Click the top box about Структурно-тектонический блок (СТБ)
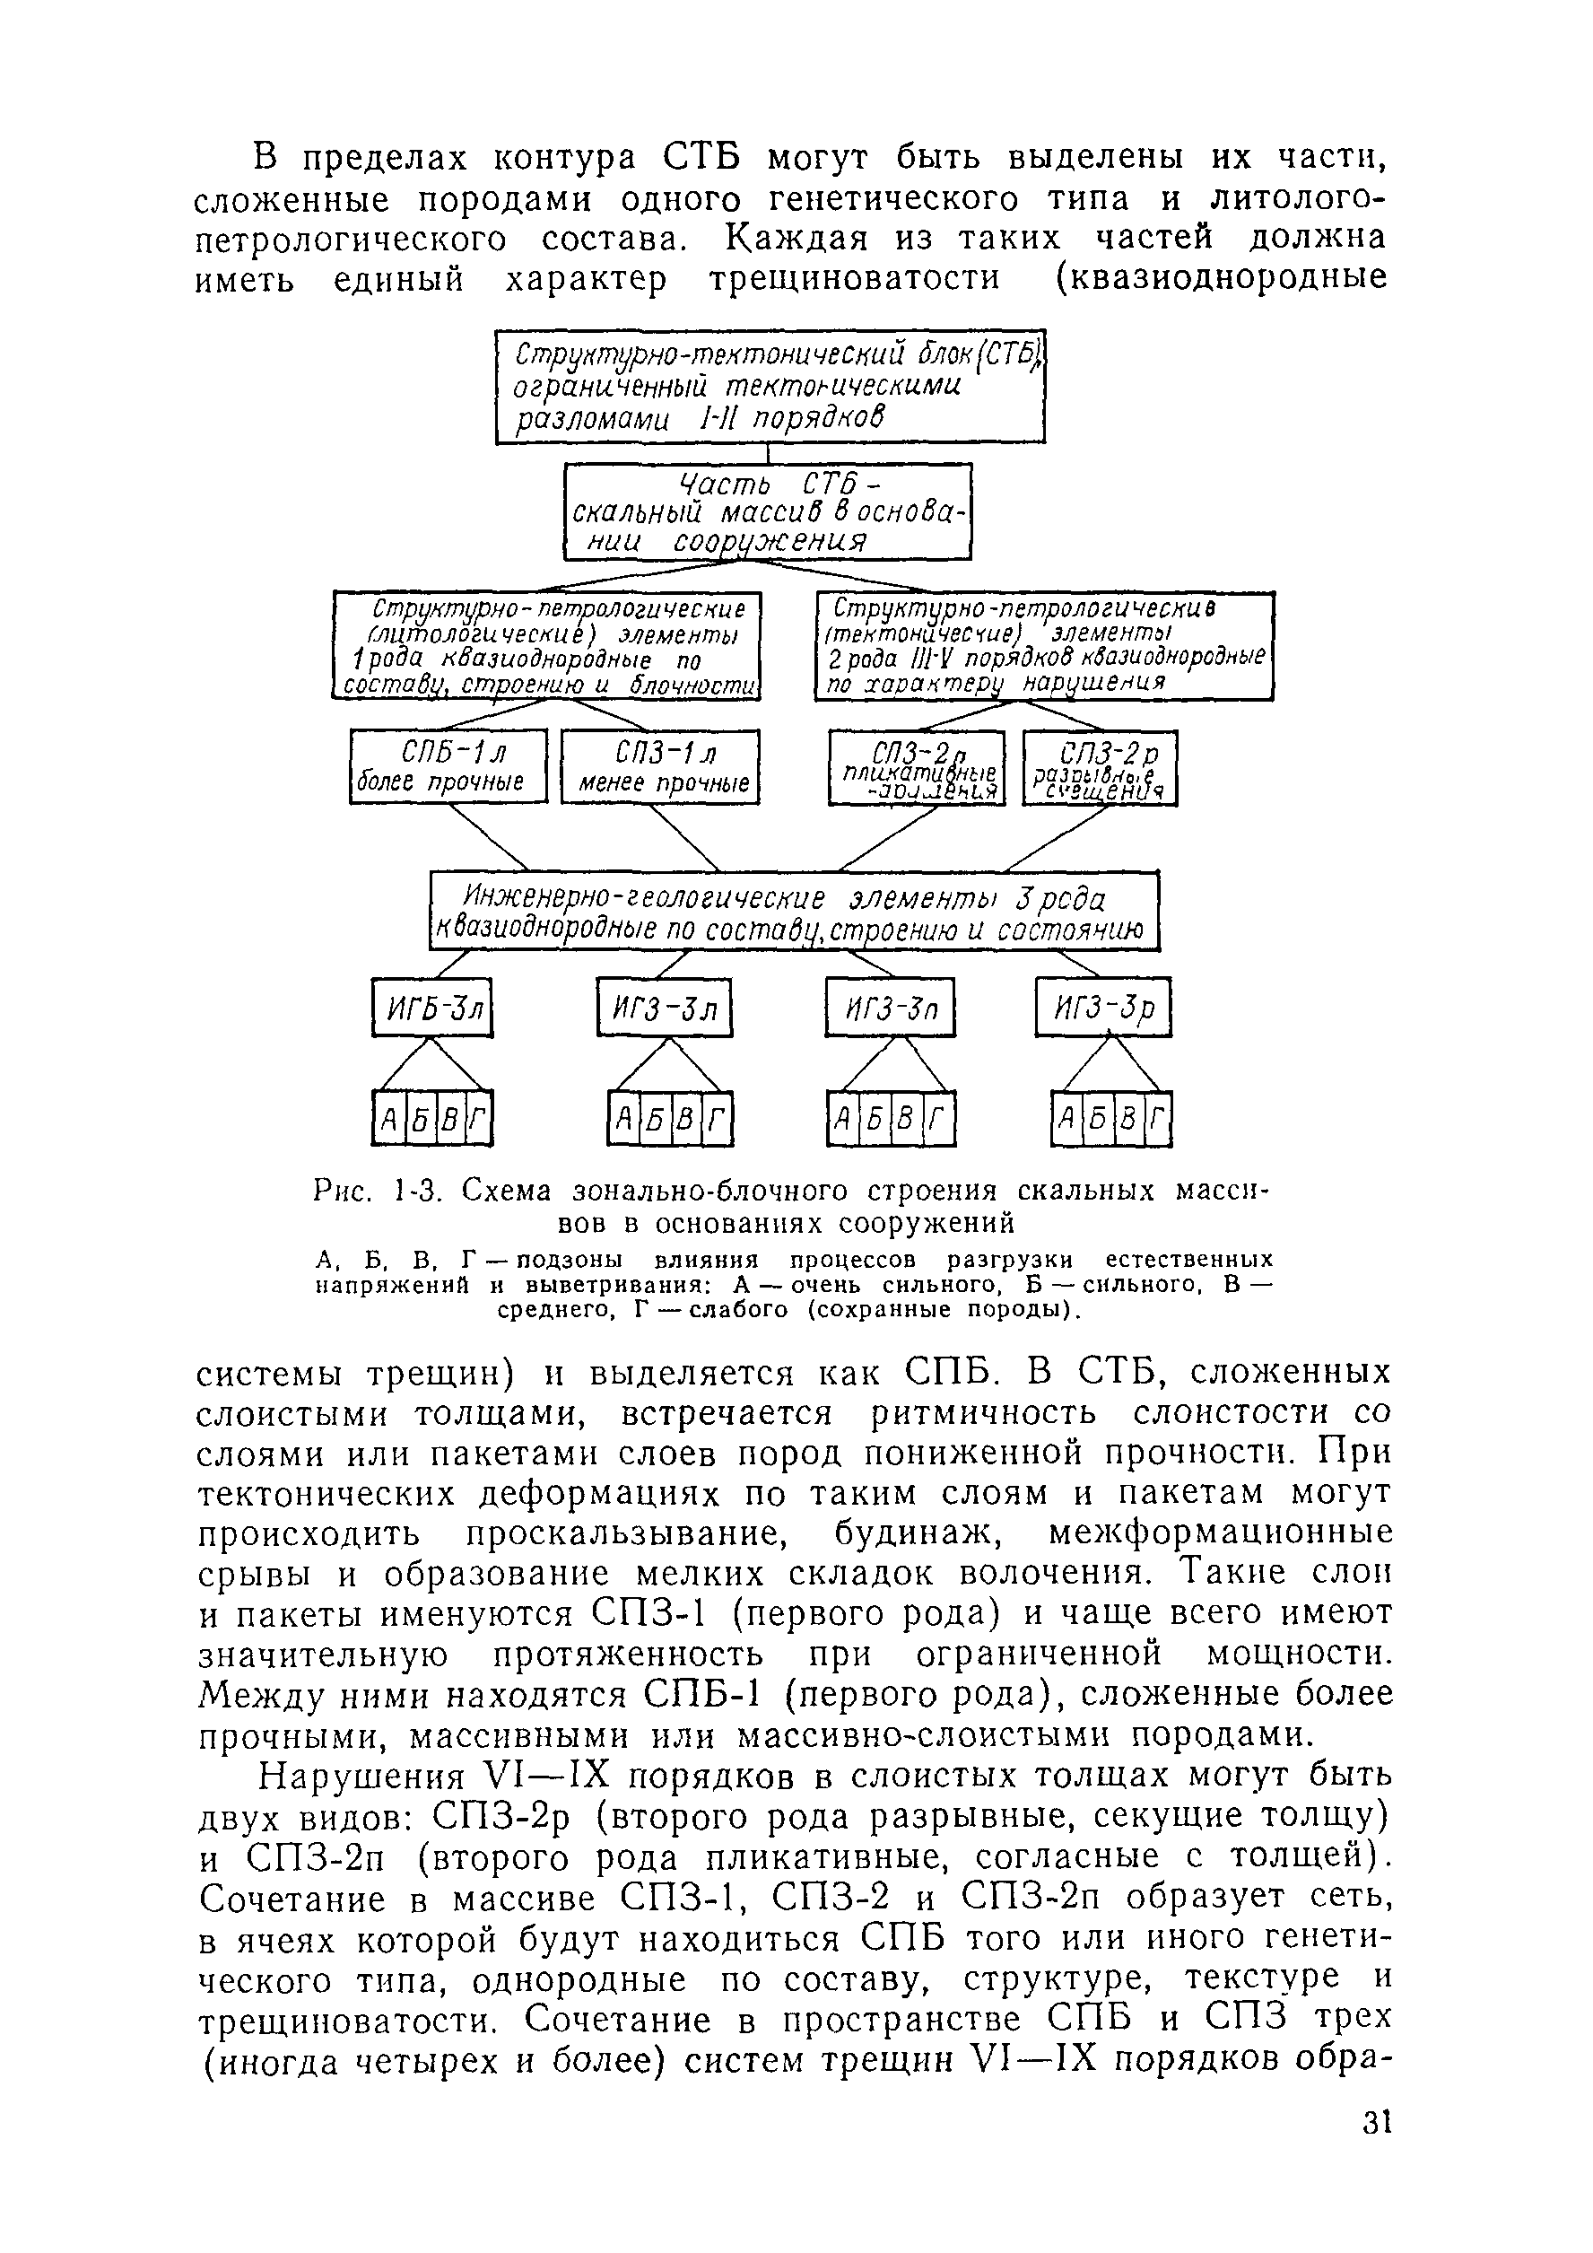click(769, 387)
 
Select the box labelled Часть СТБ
click(767, 512)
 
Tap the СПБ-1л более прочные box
click(448, 767)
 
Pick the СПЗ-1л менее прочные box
click(660, 767)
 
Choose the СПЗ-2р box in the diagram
click(1100, 768)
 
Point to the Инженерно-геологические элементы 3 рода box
click(795, 912)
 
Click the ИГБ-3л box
click(431, 1008)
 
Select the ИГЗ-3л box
click(664, 1008)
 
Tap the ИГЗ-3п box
click(890, 1008)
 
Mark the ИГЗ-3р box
click(1103, 1008)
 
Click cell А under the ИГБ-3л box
click(388, 1119)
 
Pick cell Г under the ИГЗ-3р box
click(1160, 1119)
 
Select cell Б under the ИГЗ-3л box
click(654, 1119)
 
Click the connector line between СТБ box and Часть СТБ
click(768, 453)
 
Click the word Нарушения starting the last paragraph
click(361, 1777)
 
